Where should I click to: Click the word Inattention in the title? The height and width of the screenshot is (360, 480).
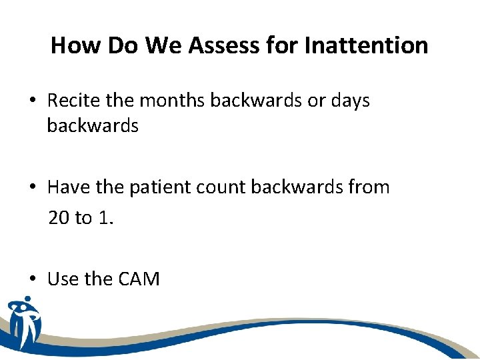click(366, 45)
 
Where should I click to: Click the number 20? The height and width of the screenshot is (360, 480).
click(59, 218)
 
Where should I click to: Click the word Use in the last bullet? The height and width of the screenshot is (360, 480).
click(63, 279)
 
